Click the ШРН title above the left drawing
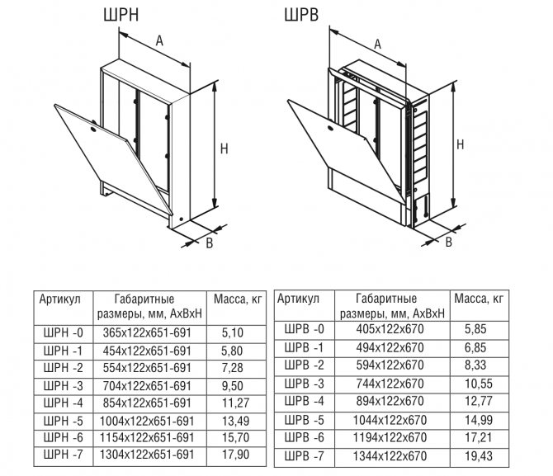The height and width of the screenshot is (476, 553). tap(121, 15)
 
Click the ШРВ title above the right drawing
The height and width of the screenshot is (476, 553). tap(301, 15)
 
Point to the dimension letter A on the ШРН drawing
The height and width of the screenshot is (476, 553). tap(159, 41)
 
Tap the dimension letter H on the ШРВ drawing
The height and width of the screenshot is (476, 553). tap(460, 144)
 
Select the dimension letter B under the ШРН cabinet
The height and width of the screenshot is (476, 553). tap(210, 243)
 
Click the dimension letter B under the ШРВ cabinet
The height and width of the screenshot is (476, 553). tap(449, 243)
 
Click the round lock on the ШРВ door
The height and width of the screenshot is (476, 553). tap(330, 129)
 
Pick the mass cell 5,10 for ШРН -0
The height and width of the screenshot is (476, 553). tap(233, 332)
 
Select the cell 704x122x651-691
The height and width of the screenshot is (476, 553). tap(147, 386)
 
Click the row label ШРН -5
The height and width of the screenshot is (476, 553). tap(63, 421)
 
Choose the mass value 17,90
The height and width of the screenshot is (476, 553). tap(236, 455)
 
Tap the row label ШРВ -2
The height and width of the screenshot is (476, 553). tap(304, 365)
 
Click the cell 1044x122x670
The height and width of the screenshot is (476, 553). tap(390, 420)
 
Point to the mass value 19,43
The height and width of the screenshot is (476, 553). tap(479, 456)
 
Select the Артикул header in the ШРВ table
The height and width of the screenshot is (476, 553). tap(298, 299)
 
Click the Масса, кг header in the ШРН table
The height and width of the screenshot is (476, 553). tap(238, 299)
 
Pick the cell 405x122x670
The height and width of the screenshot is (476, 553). tap(390, 329)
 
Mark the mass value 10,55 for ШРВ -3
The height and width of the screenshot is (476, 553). tap(479, 384)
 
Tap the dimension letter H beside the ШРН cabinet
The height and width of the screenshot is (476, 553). tap(225, 148)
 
